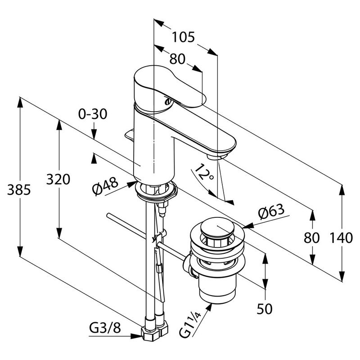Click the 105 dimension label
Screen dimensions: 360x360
(183, 37)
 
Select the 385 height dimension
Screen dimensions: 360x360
(19, 189)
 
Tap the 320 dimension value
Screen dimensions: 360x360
(58, 179)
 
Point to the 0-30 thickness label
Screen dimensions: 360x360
(93, 114)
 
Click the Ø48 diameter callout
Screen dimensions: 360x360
(105, 185)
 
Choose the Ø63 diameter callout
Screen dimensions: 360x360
(271, 211)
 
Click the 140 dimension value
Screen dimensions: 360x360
(341, 238)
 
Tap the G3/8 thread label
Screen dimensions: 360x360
(105, 328)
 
